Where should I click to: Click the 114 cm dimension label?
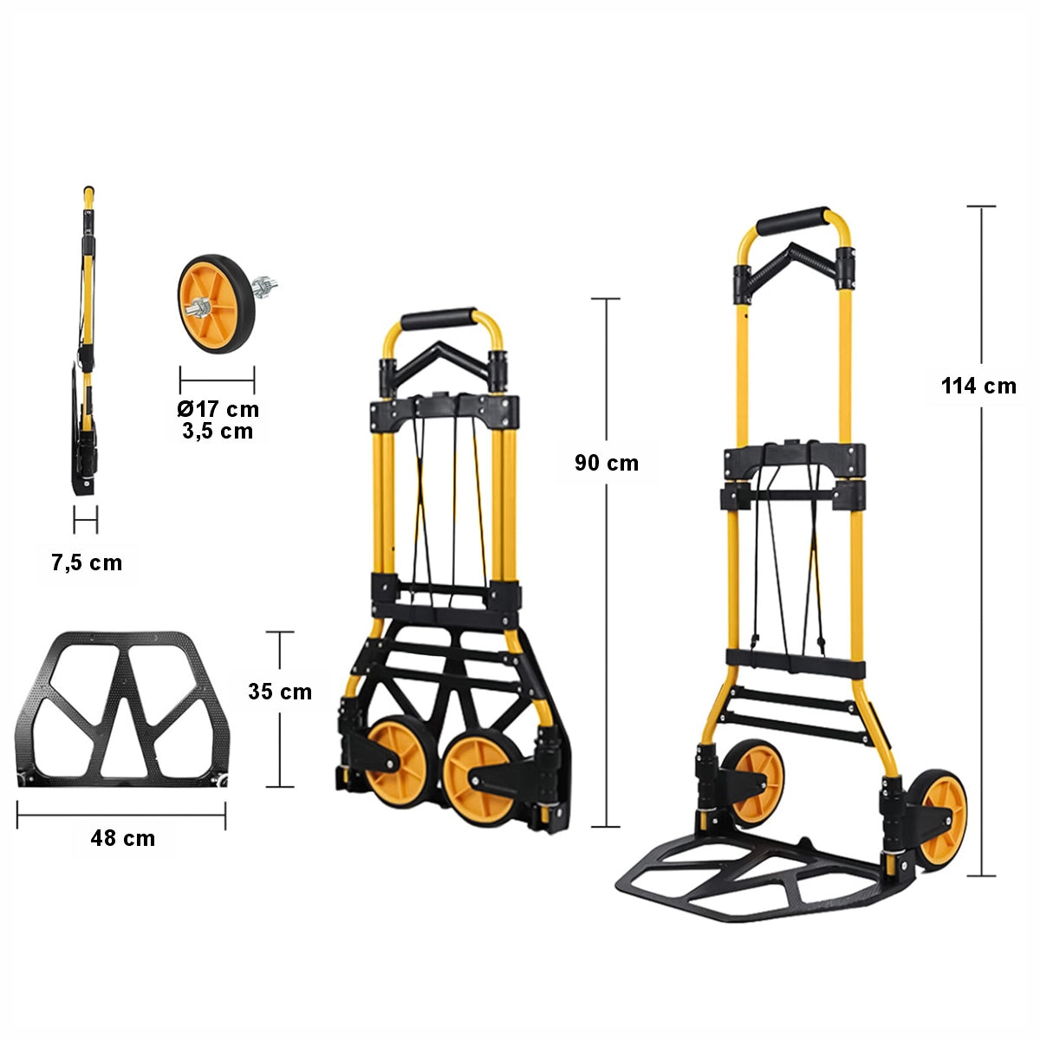[978, 387]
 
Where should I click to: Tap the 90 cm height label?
[607, 463]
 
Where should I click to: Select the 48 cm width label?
[123, 838]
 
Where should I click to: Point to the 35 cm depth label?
[280, 692]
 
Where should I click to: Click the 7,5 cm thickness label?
[87, 563]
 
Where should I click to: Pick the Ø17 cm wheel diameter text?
[218, 409]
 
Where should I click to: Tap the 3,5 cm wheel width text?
[218, 432]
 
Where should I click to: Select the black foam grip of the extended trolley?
[792, 221]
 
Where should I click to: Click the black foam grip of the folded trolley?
[439, 317]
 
